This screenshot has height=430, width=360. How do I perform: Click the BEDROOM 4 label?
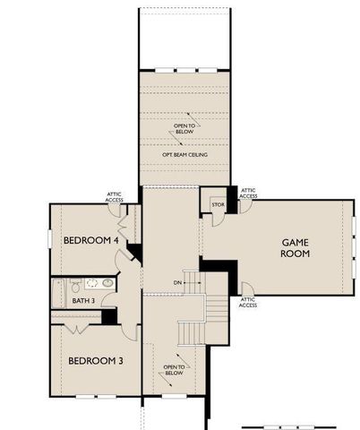click(x=90, y=241)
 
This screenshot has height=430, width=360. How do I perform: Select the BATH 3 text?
click(x=83, y=300)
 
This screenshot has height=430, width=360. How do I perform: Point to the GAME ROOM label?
click(x=296, y=248)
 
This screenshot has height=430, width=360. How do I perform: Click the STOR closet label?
click(x=216, y=204)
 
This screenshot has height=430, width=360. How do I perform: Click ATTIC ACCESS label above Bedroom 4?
click(x=114, y=196)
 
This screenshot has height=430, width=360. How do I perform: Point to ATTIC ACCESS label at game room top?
click(x=248, y=193)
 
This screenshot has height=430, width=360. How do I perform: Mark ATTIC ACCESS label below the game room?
click(x=248, y=302)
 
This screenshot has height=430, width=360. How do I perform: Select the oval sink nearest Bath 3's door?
click(x=107, y=282)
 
